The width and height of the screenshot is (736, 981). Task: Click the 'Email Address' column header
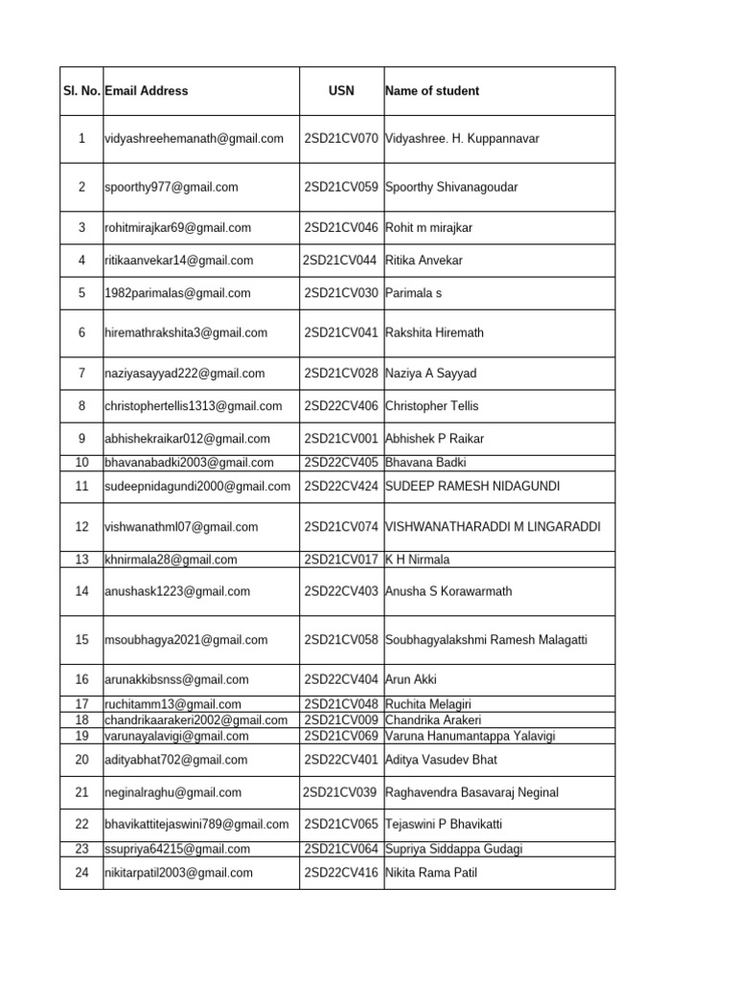tap(147, 91)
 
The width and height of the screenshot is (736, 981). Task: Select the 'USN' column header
tap(341, 91)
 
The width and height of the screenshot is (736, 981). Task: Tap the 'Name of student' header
tap(432, 91)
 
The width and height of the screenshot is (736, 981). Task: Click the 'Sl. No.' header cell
tap(80, 91)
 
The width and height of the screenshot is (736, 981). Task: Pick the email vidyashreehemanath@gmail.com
tap(195, 139)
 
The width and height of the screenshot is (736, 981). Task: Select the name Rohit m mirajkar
tap(428, 228)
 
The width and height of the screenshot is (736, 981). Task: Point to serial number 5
tap(81, 293)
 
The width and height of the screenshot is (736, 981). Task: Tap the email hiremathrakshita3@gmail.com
tap(186, 333)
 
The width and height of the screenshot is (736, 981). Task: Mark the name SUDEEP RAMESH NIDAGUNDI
tap(472, 487)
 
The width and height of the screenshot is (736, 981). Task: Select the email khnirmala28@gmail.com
tap(171, 559)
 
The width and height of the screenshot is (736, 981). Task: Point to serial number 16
tap(81, 680)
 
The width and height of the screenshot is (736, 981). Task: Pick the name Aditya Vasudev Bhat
tap(442, 761)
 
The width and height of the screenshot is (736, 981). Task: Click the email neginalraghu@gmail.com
tap(172, 793)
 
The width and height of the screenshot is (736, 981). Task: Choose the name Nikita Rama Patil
tap(431, 873)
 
